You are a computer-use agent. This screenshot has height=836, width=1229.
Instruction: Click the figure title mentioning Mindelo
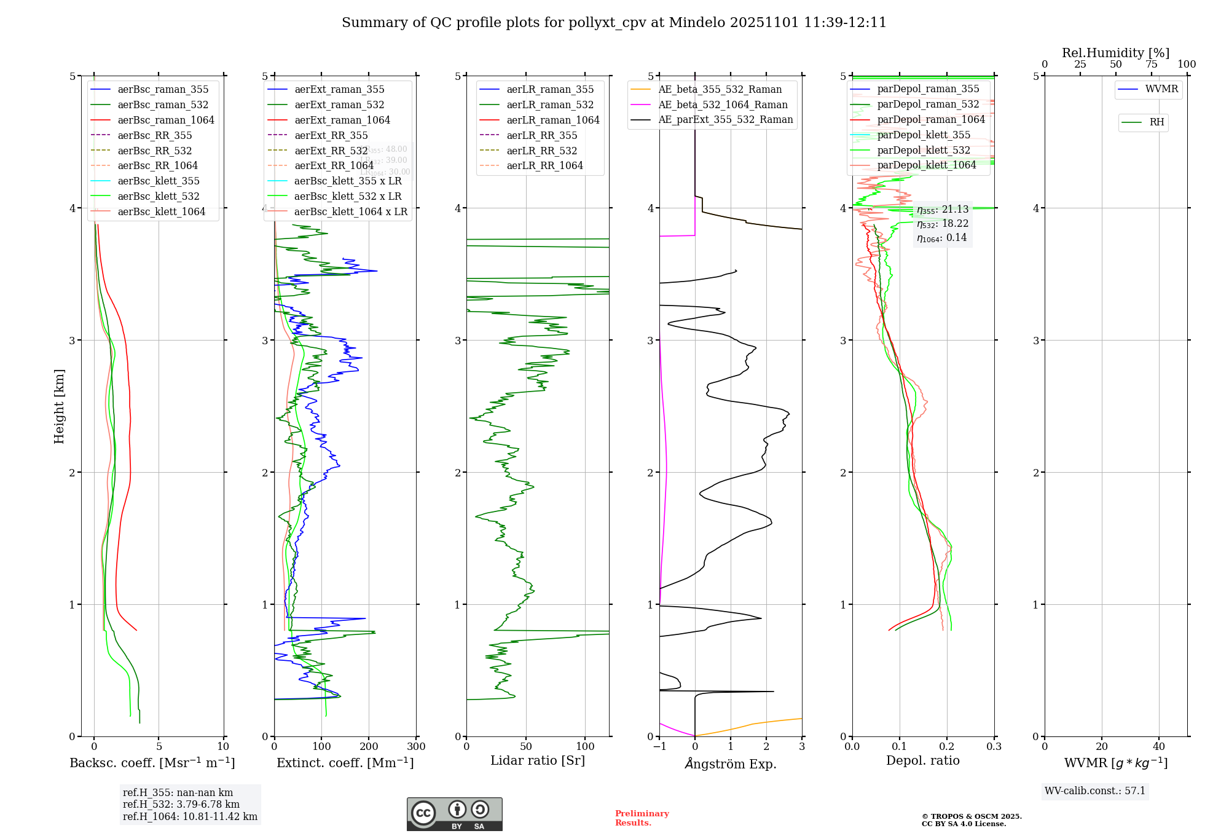pyautogui.click(x=614, y=23)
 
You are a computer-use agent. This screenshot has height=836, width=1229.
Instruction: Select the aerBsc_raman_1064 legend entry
pyautogui.click(x=166, y=120)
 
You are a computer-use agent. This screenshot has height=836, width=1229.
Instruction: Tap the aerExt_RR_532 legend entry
pyautogui.click(x=331, y=151)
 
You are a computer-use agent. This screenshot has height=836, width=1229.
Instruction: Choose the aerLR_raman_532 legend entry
pyautogui.click(x=549, y=105)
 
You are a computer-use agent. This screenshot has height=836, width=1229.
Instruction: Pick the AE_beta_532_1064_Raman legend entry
pyautogui.click(x=723, y=104)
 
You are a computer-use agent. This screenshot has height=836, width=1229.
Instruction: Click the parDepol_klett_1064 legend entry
pyautogui.click(x=926, y=165)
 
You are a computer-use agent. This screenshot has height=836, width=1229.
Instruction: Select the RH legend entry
pyautogui.click(x=1156, y=122)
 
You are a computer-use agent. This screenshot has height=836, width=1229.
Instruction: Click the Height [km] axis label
pyautogui.click(x=59, y=406)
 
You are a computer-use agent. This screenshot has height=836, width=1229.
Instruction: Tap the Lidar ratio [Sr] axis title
pyautogui.click(x=538, y=760)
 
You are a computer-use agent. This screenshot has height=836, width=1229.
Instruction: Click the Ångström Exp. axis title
pyautogui.click(x=731, y=763)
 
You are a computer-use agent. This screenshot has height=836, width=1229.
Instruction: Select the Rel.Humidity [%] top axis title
pyautogui.click(x=1115, y=53)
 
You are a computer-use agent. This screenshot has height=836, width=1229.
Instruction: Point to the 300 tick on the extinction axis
pyautogui.click(x=416, y=746)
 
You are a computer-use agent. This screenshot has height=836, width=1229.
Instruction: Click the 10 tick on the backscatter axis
pyautogui.click(x=223, y=746)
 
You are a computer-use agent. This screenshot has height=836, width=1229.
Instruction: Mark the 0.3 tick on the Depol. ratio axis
pyautogui.click(x=994, y=746)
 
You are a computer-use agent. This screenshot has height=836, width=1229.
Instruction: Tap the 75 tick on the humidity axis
pyautogui.click(x=1151, y=65)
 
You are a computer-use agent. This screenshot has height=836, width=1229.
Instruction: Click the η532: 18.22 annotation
pyautogui.click(x=943, y=224)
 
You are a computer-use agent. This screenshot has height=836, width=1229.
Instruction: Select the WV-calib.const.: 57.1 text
pyautogui.click(x=1095, y=791)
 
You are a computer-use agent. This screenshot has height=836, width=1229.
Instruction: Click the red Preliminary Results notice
pyautogui.click(x=642, y=818)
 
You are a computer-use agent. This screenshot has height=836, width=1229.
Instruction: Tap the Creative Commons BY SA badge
pyautogui.click(x=454, y=814)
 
